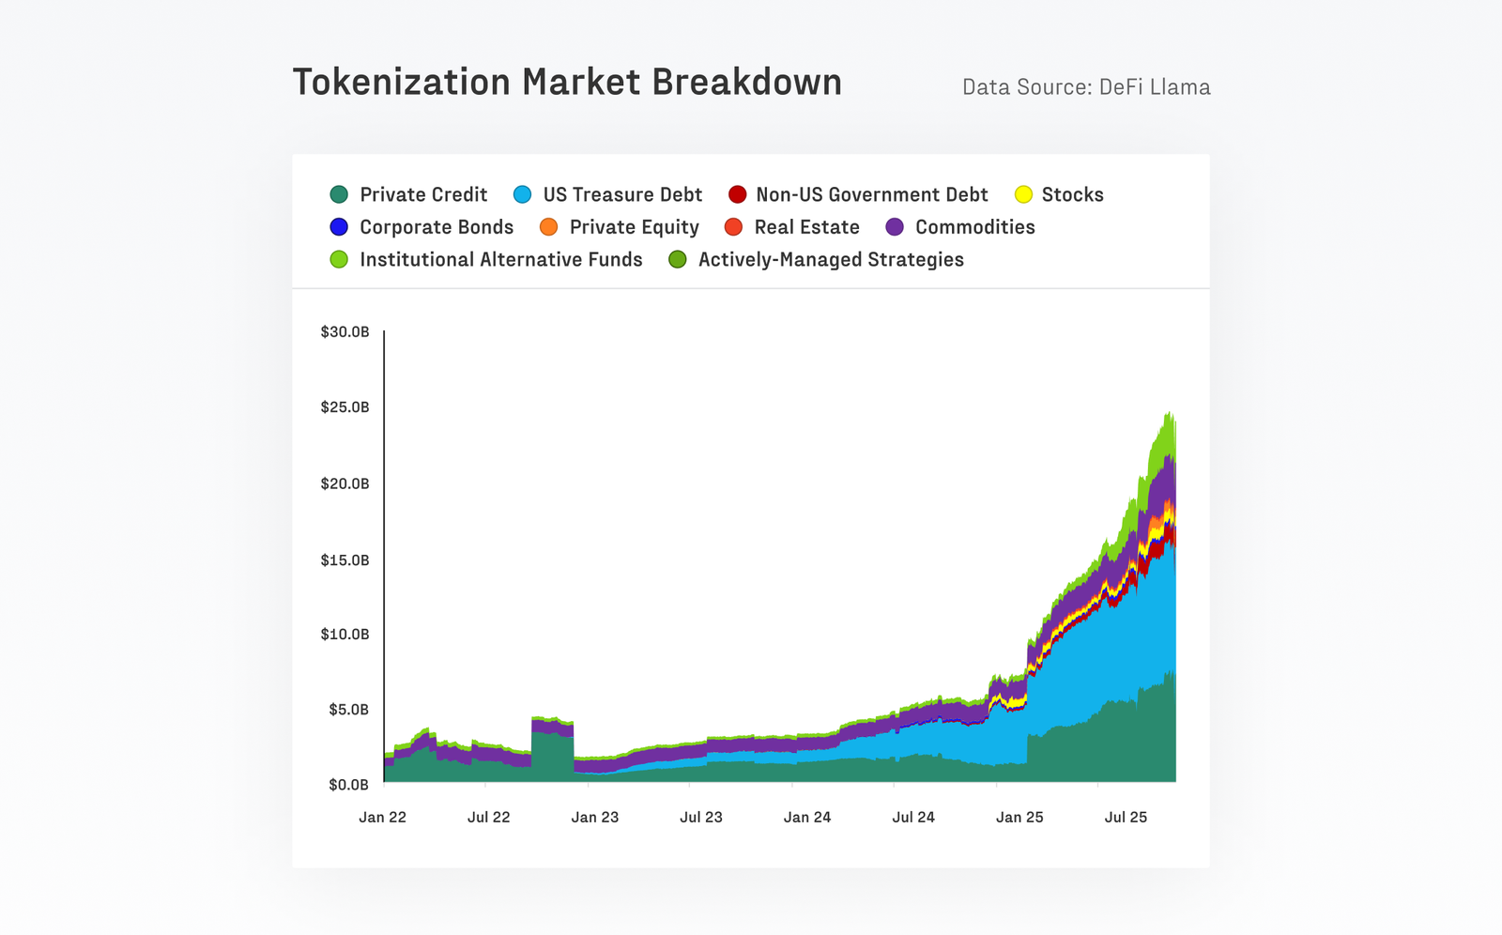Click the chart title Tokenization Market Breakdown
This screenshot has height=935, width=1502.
coord(567,83)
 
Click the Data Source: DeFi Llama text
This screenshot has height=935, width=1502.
coord(1086,87)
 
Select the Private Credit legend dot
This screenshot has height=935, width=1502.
coord(339,194)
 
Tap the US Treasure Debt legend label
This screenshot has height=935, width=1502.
coord(621,194)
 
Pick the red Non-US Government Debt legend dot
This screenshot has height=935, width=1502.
coord(737,194)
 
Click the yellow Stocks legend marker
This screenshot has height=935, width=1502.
coord(1023,194)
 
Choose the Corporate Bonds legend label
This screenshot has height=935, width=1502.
coord(437,227)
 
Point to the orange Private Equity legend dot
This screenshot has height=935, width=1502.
coord(548,227)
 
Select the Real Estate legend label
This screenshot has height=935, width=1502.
coord(806,227)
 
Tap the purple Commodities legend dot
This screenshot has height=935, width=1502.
coord(895,227)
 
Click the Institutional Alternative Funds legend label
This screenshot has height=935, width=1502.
coord(500,259)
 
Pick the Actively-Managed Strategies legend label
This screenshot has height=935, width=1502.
coord(830,259)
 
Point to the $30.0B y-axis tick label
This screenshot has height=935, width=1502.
coord(345,332)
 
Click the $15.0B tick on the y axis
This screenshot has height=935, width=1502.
coord(345,560)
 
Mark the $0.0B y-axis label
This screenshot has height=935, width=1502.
coord(348,785)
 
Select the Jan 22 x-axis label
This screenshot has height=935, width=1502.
coord(382,817)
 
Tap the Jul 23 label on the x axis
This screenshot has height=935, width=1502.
coord(700,817)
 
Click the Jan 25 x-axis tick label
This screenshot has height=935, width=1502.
coord(1019,817)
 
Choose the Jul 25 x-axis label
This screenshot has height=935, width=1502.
coord(1126,817)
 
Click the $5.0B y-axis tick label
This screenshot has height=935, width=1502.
coord(348,710)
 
